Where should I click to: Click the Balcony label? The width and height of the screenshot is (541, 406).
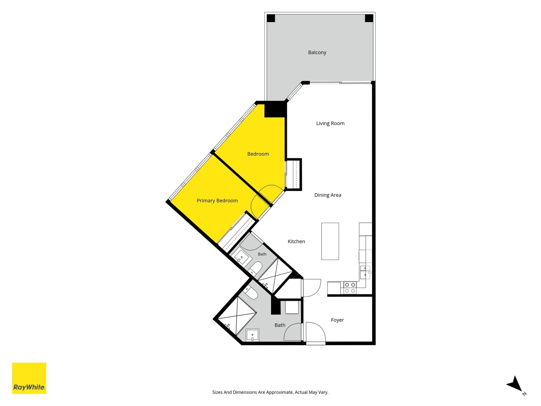coord(317,52)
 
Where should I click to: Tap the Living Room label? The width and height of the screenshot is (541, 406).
coord(330,123)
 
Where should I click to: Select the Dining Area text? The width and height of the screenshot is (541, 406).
coord(328,195)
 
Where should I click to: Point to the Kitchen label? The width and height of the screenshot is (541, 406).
coord(296,241)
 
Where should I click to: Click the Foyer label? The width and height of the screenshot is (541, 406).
coord(337,320)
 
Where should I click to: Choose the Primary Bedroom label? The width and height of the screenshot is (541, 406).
coord(217,201)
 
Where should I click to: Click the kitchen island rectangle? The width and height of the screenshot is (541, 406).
coord(330,241)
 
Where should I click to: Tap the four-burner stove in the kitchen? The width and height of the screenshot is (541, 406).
coord(350,288)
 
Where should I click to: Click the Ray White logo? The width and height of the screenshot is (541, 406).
coord(29,378)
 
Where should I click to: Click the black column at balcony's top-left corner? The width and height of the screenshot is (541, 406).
coord(271,18)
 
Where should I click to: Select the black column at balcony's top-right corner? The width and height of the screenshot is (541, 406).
coord(369,18)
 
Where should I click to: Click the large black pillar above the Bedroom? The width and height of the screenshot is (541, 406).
coord(275,109)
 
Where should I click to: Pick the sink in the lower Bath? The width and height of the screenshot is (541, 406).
coord(252,335)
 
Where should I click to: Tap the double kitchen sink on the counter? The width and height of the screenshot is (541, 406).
coord(365,271)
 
